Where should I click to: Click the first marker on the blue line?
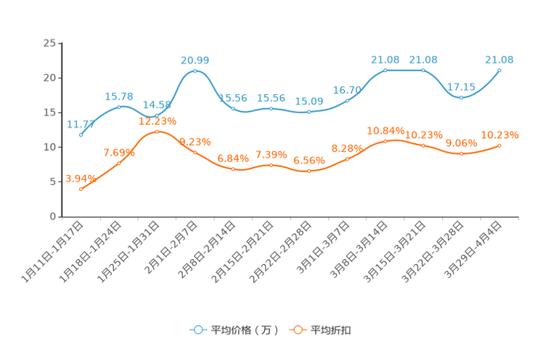coord(81,135)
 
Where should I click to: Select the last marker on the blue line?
coord(500,70)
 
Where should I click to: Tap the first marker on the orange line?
coord(81,189)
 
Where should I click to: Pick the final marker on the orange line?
coord(500,146)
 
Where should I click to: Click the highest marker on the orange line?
coord(157,131)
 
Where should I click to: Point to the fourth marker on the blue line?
coord(195,71)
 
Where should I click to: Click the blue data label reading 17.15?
coord(462,86)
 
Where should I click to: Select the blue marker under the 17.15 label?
coord(462,97)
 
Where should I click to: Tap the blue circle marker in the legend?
coord(198,330)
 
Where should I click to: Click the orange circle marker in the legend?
coord(298,330)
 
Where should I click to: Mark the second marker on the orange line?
coord(119,163)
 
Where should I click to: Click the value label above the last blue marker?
coord(500,59)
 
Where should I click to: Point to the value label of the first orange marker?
coord(81,179)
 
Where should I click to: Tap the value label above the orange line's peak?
coord(157,120)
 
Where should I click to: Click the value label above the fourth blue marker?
coord(195,60)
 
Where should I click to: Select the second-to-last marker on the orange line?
coord(462,154)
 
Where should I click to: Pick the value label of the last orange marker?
coord(500,135)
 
